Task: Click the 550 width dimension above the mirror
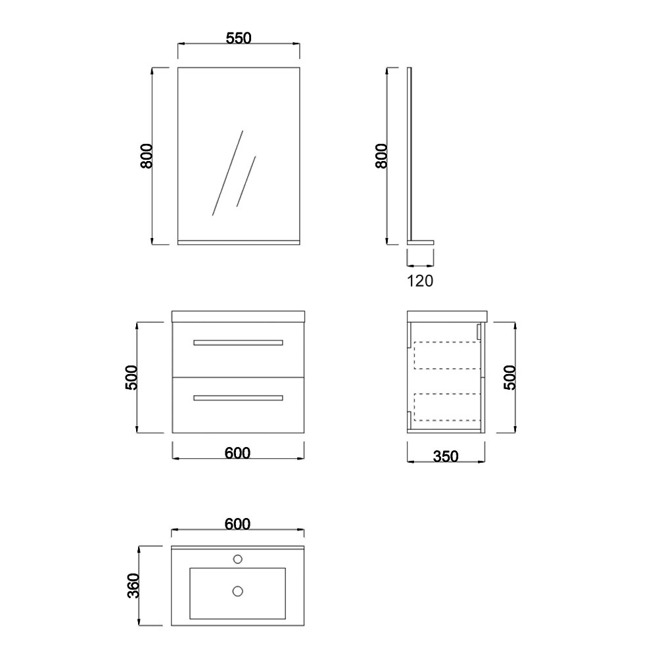point(239,38)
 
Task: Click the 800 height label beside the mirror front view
point(147,156)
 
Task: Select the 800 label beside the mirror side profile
point(381,156)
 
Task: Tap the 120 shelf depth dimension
point(420,281)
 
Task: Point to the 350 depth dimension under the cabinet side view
point(446,457)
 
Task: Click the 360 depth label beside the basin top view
point(133,586)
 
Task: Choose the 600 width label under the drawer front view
point(237,453)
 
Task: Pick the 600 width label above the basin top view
point(237,524)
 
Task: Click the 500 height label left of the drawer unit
point(131,378)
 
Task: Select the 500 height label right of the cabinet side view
point(510,378)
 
